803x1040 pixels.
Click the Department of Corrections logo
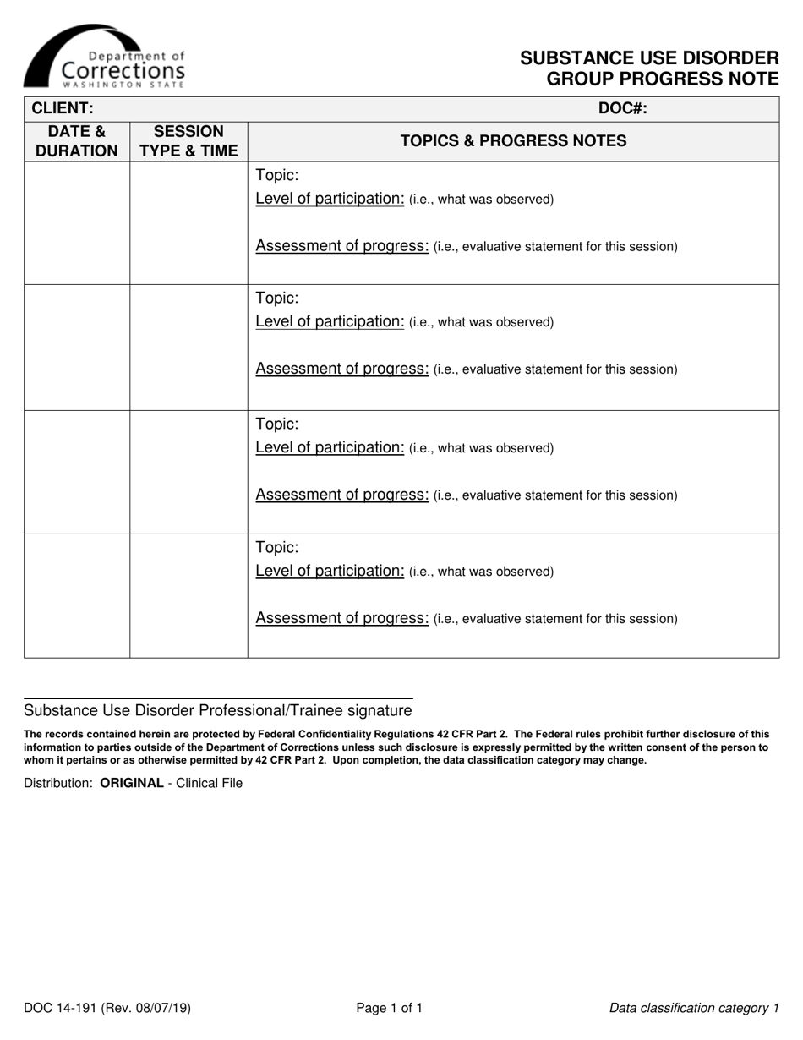104,57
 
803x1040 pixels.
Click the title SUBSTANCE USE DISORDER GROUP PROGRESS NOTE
649,68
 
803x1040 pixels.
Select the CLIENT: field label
62,108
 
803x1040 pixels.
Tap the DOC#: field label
622,108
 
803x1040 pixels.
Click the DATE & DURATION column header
77,141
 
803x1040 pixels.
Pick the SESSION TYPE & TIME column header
188,141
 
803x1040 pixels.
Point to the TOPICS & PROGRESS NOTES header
513,141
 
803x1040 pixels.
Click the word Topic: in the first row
277,176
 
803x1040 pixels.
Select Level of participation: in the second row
330,322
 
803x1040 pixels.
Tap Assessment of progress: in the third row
342,495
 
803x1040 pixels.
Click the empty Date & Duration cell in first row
77,222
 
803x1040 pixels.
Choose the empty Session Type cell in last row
188,595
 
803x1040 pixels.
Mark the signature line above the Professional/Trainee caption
218,698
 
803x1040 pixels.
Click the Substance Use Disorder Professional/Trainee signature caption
218,710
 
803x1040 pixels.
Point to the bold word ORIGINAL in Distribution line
132,783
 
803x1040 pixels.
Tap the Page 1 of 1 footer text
389,1008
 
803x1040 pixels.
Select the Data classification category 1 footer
694,1008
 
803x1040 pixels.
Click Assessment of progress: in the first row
342,246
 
